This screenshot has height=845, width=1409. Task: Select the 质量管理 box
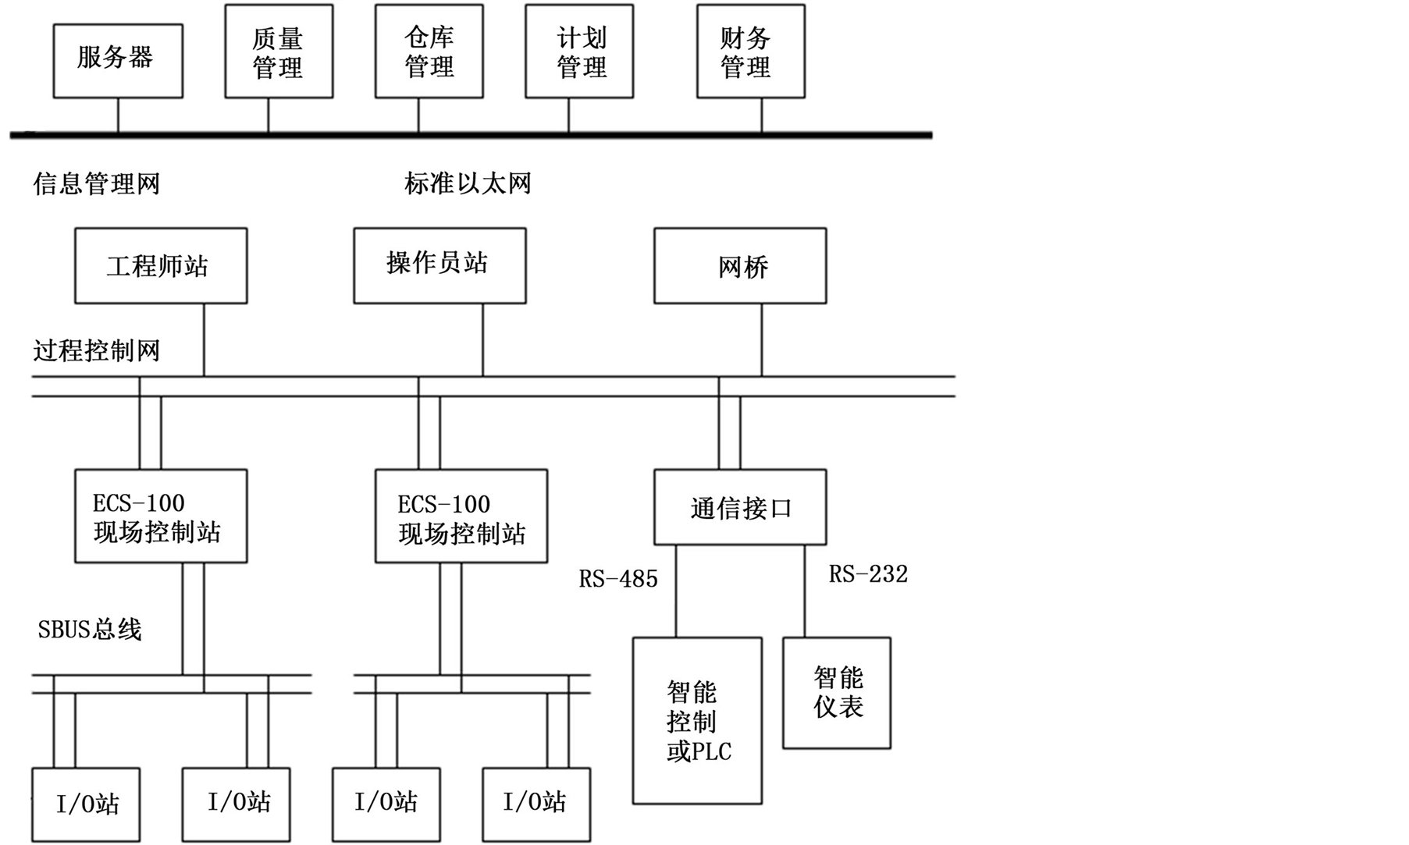279,51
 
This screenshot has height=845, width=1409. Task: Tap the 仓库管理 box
429,51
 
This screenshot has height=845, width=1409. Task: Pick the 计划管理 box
579,51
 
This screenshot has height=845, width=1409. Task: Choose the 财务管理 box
750,51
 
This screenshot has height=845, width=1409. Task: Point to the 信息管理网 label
97,184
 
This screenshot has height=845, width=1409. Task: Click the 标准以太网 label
468,183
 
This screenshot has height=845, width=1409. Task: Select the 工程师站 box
161,266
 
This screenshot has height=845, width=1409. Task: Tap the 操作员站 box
439,265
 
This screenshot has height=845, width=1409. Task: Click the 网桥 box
739,266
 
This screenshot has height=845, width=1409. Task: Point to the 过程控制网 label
97,350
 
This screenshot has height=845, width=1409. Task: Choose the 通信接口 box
739,507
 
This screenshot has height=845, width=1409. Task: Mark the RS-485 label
618,579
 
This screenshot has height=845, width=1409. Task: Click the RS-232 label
868,574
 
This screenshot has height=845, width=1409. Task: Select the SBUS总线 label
90,630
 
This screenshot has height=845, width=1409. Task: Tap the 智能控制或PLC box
697,721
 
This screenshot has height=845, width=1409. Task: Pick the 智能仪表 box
837,693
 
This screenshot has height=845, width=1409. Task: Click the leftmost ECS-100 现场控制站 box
161,516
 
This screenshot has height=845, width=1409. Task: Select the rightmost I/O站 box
535,804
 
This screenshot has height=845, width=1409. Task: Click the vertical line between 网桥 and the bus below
762,340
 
